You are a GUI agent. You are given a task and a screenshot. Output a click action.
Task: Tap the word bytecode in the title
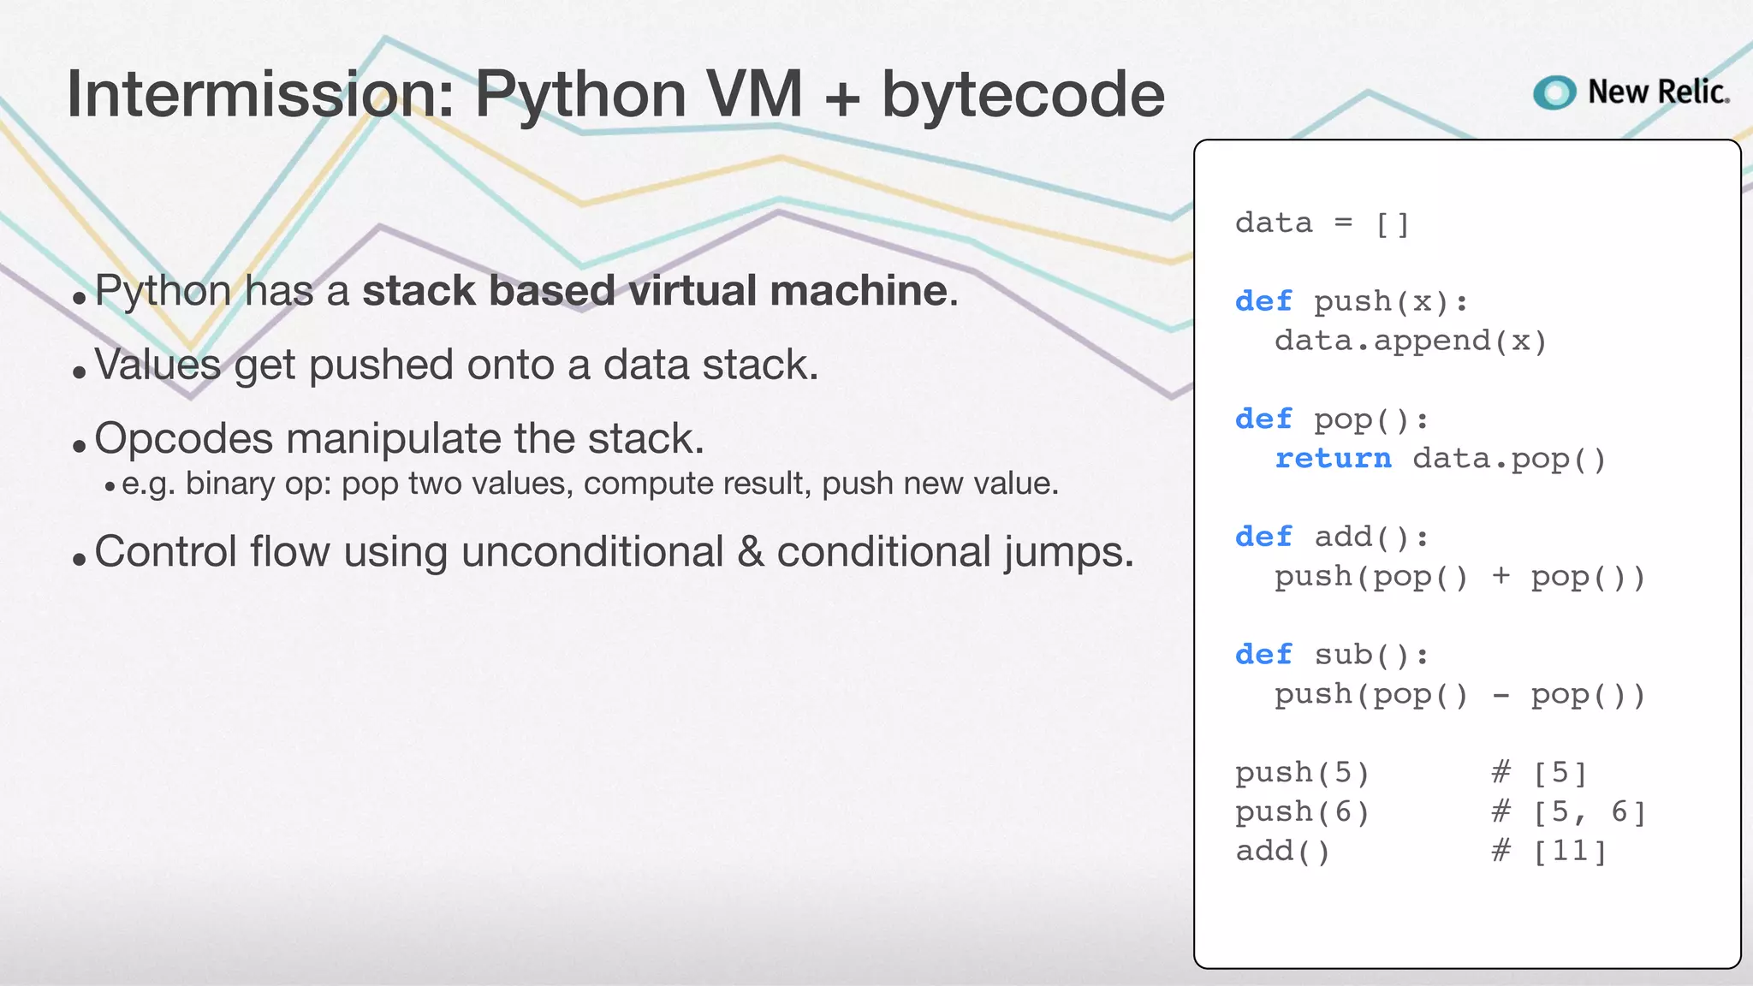(x=1023, y=94)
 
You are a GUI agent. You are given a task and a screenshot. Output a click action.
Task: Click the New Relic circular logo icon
(x=1554, y=92)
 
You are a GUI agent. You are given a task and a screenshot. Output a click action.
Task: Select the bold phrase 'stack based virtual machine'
(x=656, y=291)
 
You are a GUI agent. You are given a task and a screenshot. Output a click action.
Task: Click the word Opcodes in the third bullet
(x=182, y=439)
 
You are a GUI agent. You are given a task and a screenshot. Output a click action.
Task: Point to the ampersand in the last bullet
(x=750, y=552)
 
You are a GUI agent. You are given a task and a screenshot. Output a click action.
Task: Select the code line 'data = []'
(x=1322, y=223)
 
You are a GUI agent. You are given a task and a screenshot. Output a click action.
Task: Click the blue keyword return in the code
(x=1333, y=459)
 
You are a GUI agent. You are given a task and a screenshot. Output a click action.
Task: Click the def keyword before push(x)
(x=1263, y=301)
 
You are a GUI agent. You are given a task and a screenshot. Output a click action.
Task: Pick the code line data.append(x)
(x=1410, y=342)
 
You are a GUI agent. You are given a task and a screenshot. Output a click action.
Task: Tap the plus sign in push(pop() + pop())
(x=1500, y=576)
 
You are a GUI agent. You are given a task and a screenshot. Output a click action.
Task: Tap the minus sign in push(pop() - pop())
(x=1500, y=696)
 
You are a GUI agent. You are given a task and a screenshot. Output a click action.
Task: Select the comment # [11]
(x=1548, y=852)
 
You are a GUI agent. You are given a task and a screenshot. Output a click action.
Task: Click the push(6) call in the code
(x=1301, y=812)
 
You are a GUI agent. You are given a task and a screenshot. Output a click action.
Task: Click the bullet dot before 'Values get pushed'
(x=80, y=372)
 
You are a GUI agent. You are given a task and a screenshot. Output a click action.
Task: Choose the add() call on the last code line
(x=1281, y=852)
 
